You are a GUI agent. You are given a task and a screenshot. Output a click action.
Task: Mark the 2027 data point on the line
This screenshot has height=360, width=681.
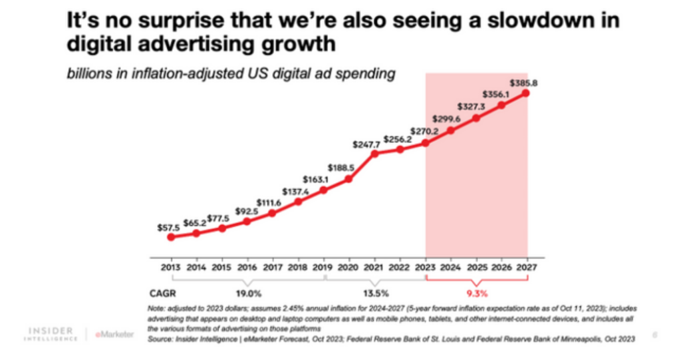click(526, 93)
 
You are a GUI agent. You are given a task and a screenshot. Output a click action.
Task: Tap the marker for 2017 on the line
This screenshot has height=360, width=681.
click(272, 213)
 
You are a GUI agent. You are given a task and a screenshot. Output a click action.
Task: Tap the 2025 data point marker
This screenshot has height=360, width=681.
click(476, 118)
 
